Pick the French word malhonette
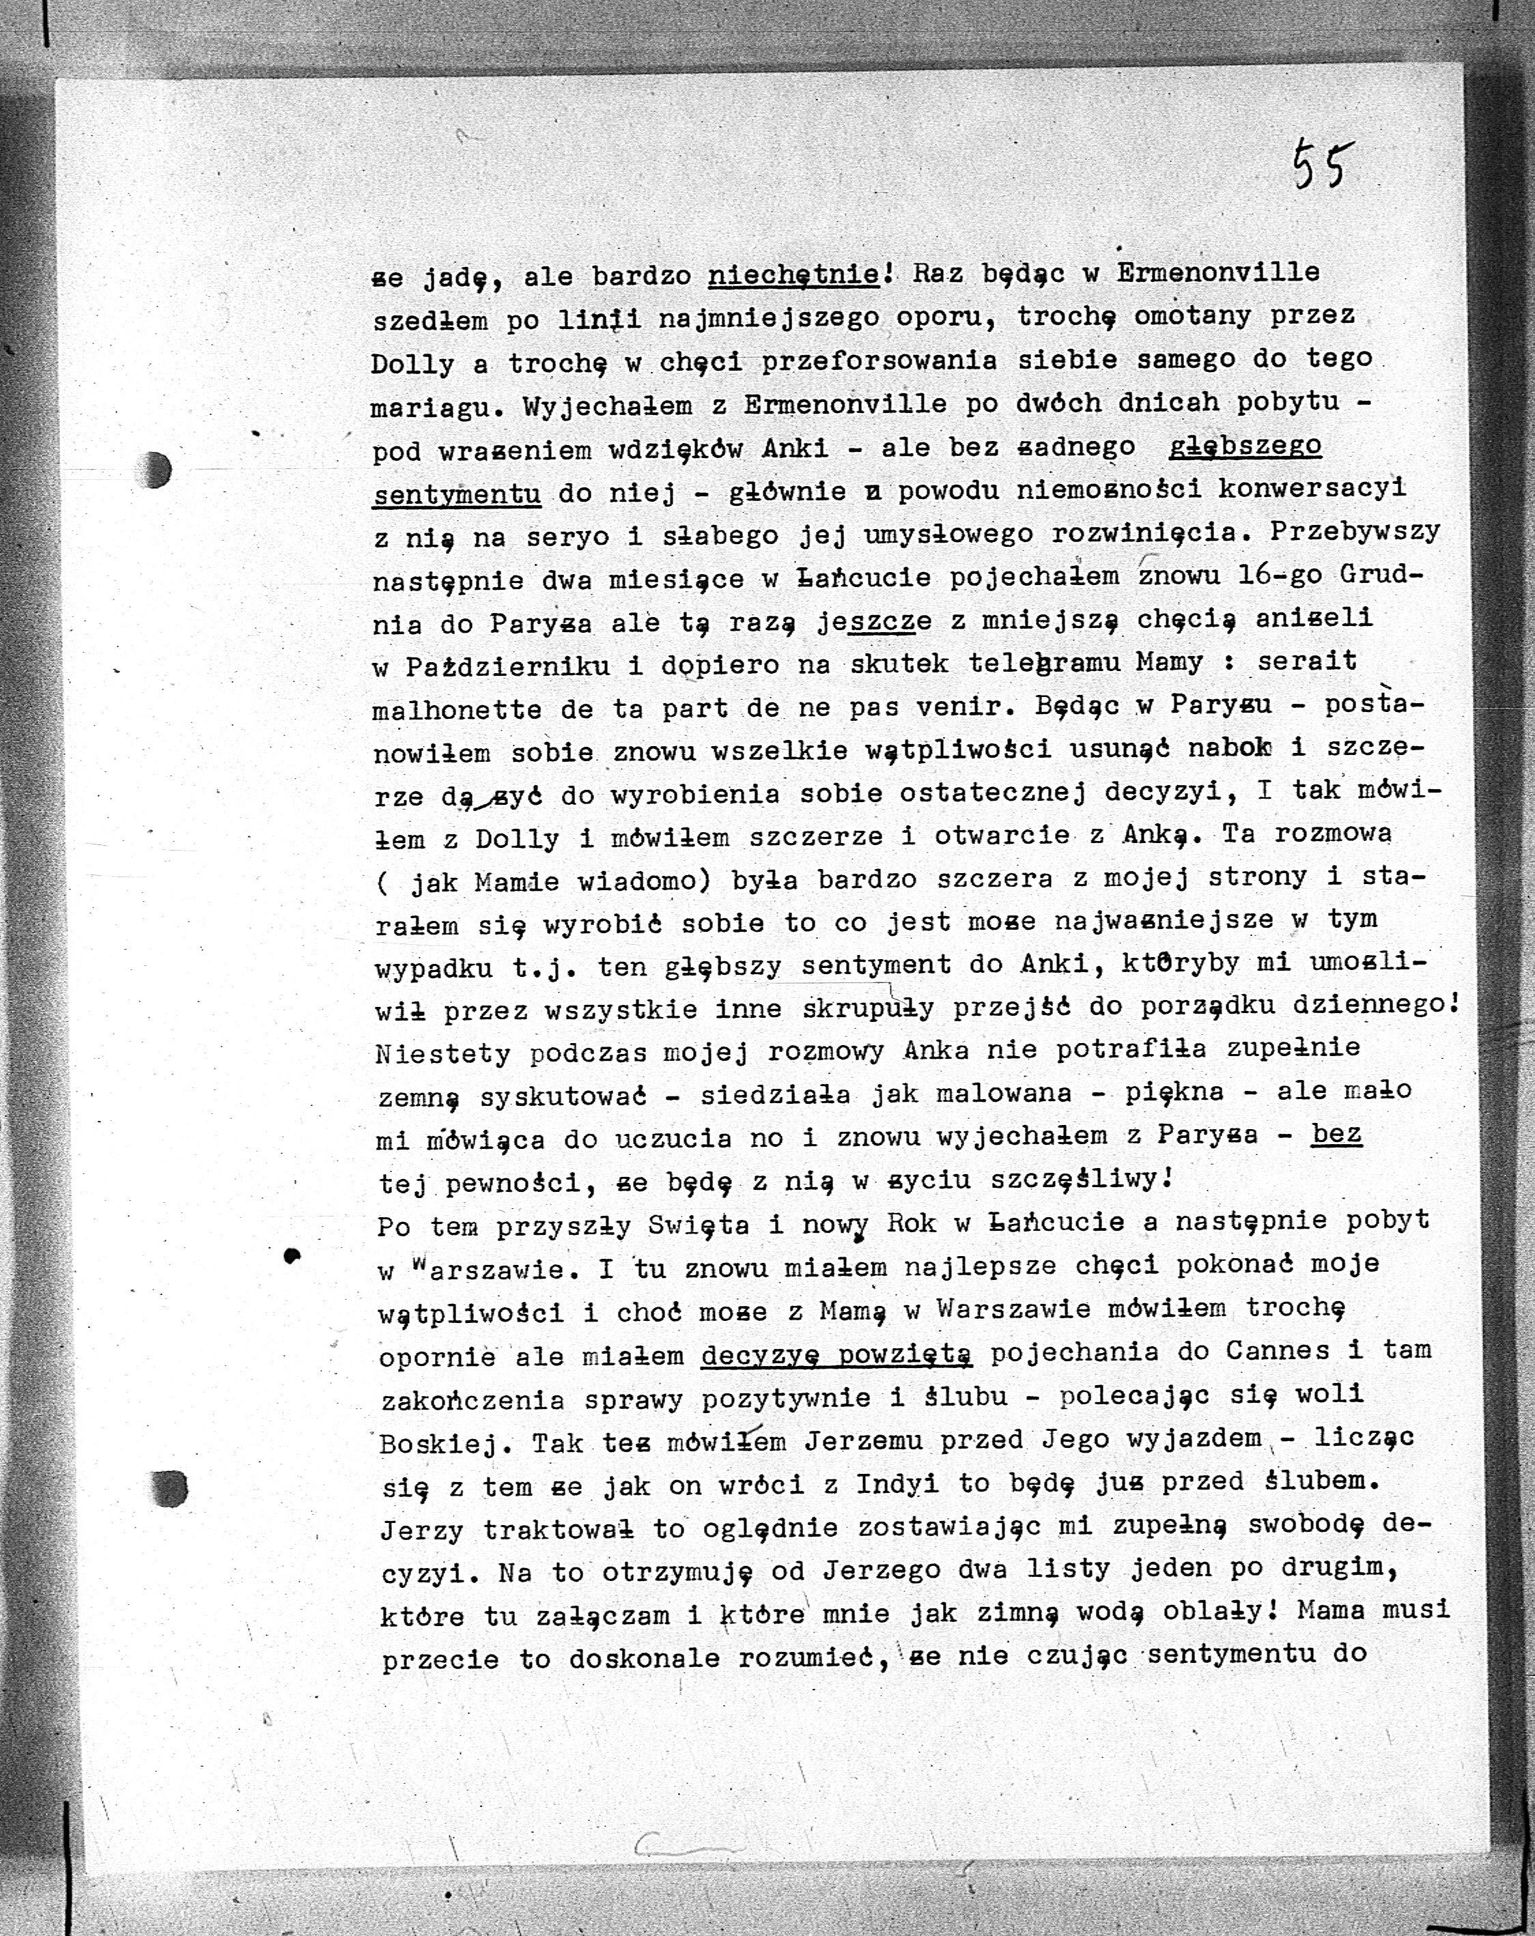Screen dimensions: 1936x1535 456,709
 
